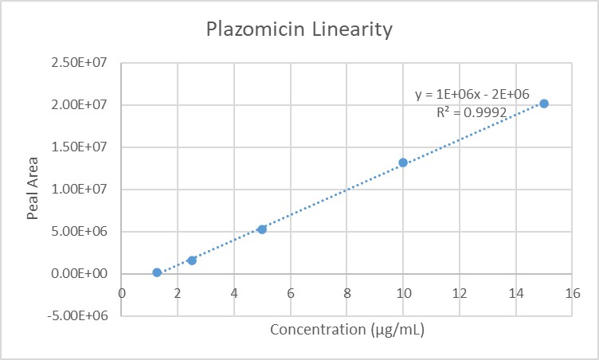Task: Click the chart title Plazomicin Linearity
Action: pyautogui.click(x=299, y=30)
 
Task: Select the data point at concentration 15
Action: pyautogui.click(x=544, y=104)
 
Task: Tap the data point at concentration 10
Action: pyautogui.click(x=403, y=162)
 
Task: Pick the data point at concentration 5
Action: pyautogui.click(x=262, y=229)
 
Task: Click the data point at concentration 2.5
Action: pyautogui.click(x=192, y=260)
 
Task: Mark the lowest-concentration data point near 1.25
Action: pyautogui.click(x=157, y=272)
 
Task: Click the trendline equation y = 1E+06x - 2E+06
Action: pyautogui.click(x=472, y=95)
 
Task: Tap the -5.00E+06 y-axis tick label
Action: pyautogui.click(x=84, y=316)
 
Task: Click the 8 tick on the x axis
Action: pyautogui.click(x=346, y=292)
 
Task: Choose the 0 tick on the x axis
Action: pyautogui.click(x=121, y=292)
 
